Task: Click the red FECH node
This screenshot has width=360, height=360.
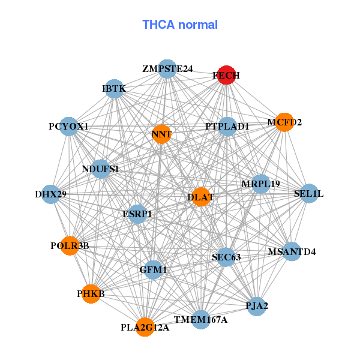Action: (x=226, y=75)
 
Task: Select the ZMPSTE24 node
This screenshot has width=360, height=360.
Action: (x=167, y=70)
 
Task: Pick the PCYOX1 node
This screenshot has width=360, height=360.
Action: (x=69, y=127)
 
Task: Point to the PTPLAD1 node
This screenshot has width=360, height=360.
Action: (x=227, y=127)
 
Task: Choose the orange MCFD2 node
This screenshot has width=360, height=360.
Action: (x=284, y=122)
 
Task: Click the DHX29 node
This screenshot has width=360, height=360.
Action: (x=50, y=194)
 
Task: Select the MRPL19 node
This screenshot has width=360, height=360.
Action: (x=260, y=184)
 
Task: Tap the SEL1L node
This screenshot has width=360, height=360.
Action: (x=309, y=194)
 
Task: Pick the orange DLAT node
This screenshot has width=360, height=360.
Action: (x=200, y=197)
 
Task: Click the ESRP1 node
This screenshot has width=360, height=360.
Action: (x=137, y=214)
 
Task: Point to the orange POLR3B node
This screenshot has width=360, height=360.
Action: (x=70, y=245)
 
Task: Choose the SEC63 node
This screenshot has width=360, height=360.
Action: (x=226, y=257)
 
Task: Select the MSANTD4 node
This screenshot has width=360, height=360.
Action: (x=292, y=251)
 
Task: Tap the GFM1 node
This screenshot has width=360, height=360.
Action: (x=153, y=271)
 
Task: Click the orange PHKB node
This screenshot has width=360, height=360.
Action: (x=91, y=294)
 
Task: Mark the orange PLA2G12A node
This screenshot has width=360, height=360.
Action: (x=145, y=328)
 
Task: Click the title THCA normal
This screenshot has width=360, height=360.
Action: (x=180, y=25)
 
